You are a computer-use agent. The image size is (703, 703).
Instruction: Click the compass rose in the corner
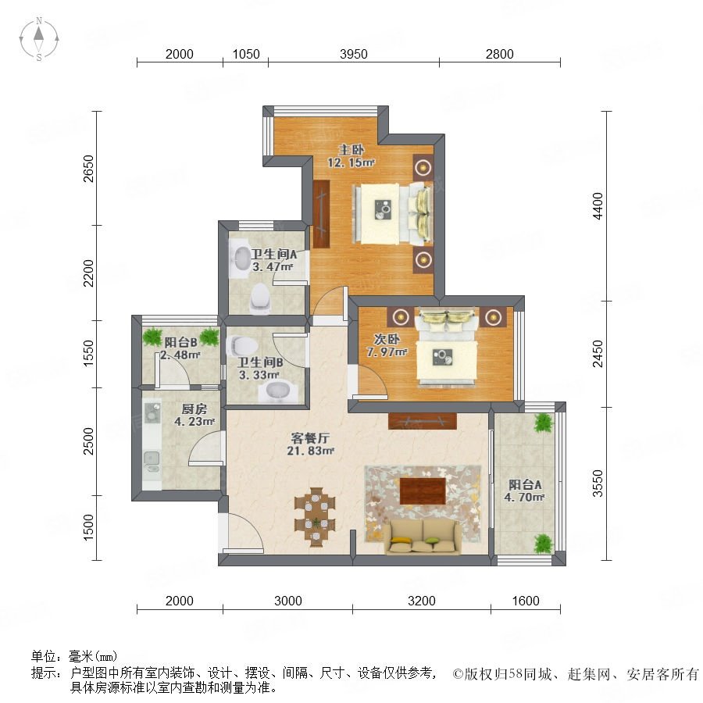click(x=39, y=39)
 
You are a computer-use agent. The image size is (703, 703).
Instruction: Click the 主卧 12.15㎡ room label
click(x=351, y=156)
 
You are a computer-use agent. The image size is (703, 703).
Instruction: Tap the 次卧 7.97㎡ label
click(x=387, y=346)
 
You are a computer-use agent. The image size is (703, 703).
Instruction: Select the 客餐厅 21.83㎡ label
click(x=310, y=444)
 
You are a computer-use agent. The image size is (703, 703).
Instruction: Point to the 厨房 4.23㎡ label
click(x=194, y=416)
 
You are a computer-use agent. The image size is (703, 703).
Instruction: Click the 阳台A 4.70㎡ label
click(x=524, y=491)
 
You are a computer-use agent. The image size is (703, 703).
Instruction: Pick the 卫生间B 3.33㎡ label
click(x=259, y=369)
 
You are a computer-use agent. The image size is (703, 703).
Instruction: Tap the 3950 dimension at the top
click(x=354, y=54)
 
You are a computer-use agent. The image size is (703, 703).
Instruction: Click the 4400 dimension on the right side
click(x=598, y=206)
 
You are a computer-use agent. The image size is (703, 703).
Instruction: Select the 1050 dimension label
click(x=246, y=54)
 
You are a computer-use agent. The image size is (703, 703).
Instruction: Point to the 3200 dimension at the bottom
click(x=422, y=601)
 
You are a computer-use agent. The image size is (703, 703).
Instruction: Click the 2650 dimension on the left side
click(x=89, y=169)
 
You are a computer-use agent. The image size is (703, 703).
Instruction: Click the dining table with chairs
click(x=316, y=517)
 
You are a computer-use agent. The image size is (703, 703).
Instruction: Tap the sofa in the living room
click(x=422, y=537)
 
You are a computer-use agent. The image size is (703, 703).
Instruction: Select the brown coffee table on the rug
click(x=423, y=491)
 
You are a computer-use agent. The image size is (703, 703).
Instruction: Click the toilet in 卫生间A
click(x=260, y=298)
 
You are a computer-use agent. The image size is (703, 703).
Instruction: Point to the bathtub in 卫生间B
click(x=278, y=391)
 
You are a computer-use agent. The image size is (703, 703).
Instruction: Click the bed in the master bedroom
click(x=393, y=214)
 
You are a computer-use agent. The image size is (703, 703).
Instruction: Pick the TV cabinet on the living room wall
click(x=423, y=421)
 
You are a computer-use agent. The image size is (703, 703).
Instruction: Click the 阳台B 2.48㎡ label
click(x=180, y=348)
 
